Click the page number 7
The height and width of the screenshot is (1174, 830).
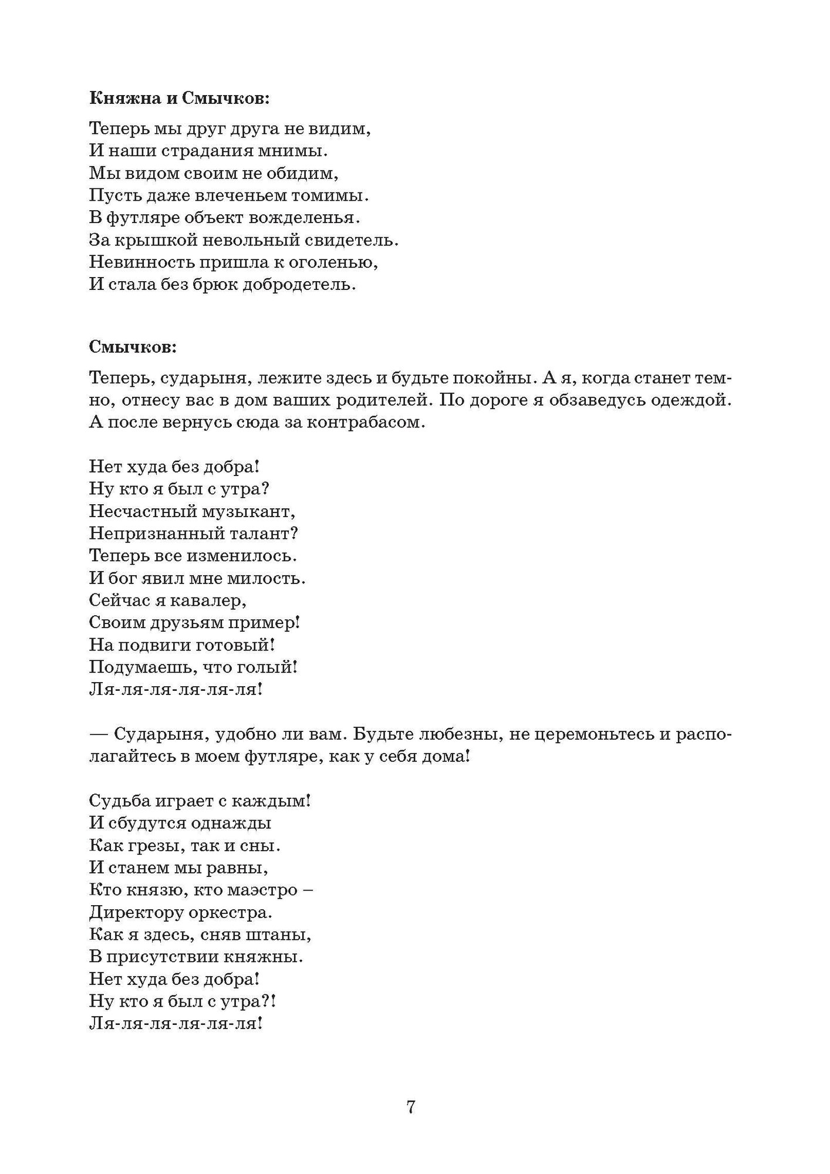click(411, 1107)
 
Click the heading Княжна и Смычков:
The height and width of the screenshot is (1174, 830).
click(180, 98)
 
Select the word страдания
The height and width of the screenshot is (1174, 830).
click(208, 151)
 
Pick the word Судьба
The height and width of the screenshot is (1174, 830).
click(118, 801)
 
